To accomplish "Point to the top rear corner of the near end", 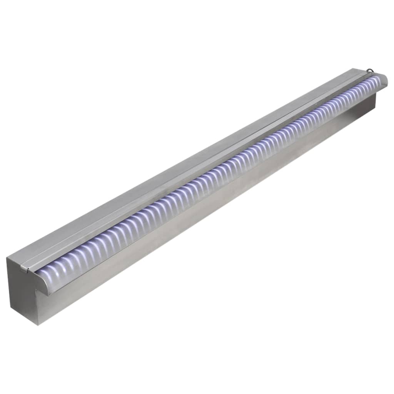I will coord(7,258).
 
